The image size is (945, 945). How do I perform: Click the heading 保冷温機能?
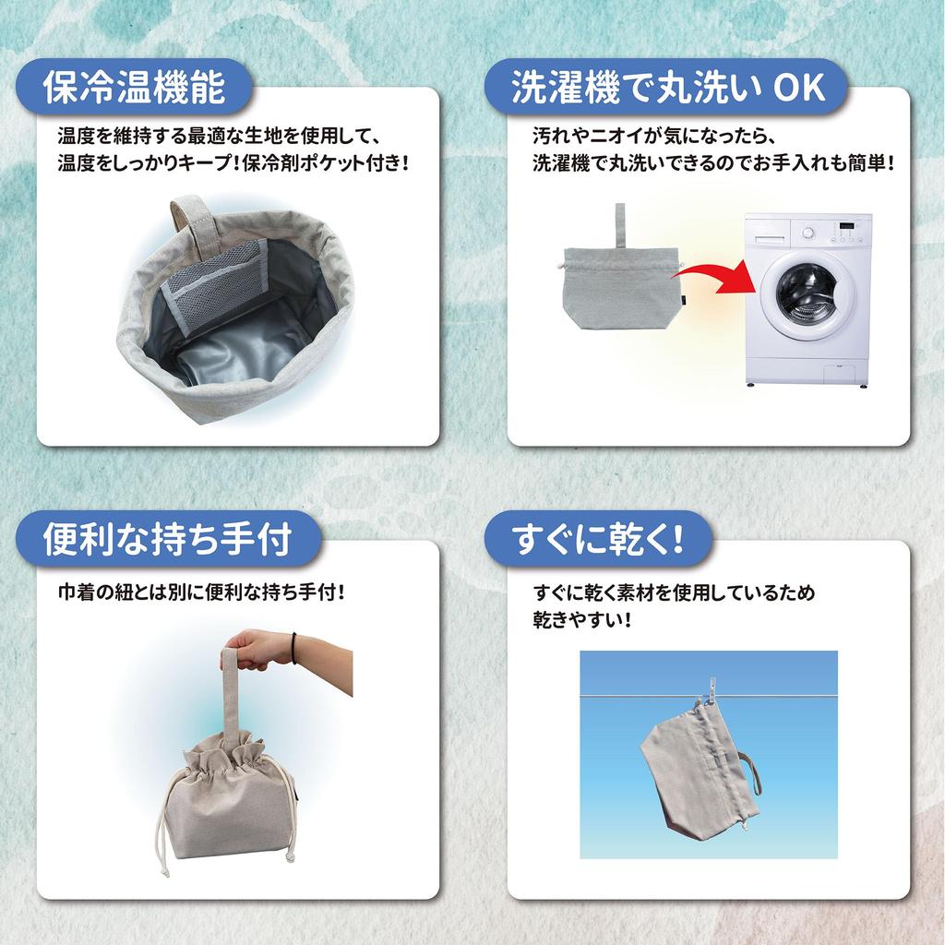click(x=134, y=89)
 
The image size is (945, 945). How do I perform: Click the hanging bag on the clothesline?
click(x=697, y=772)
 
